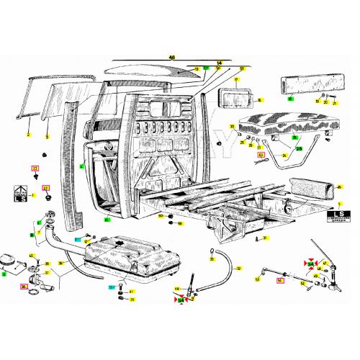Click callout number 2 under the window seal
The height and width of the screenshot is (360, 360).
[28, 135]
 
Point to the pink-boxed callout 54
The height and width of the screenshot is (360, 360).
[280, 282]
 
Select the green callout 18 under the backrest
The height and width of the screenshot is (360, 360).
[290, 100]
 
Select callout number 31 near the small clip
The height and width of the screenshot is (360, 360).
[266, 238]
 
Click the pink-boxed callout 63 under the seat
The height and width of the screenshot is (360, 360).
[261, 154]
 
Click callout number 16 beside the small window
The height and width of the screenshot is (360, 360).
[261, 100]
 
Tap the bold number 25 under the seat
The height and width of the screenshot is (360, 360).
[298, 148]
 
